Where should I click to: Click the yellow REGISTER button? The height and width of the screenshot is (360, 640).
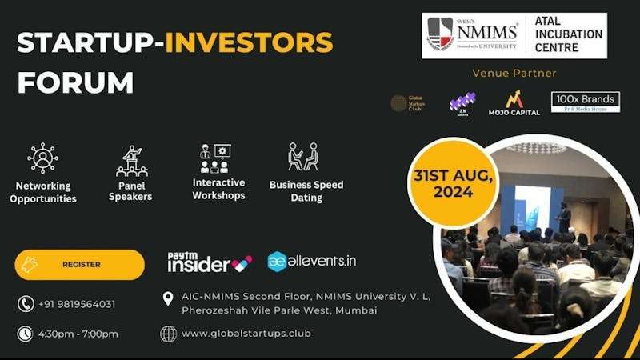tap(79, 265)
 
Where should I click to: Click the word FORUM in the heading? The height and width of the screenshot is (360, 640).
tap(75, 82)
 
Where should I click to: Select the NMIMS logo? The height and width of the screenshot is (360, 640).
tap(473, 35)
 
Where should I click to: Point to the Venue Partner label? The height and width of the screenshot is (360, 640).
tap(514, 74)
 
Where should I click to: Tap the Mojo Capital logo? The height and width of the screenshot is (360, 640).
tap(514, 102)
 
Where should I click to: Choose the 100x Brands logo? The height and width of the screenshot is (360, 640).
tap(585, 102)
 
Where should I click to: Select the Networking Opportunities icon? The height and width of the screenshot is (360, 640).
tap(42, 158)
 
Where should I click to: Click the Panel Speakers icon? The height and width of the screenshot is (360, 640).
tap(130, 161)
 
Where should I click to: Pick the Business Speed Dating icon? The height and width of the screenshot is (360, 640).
tap(303, 158)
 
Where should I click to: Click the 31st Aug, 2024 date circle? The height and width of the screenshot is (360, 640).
tap(454, 185)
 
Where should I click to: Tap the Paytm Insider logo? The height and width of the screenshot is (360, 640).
tap(210, 262)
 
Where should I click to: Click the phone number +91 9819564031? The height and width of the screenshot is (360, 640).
tap(77, 304)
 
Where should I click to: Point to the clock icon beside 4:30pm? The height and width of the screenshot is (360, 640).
tap(26, 334)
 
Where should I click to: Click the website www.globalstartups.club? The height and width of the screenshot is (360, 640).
tap(246, 333)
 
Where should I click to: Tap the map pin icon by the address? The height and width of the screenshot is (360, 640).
tap(168, 298)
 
